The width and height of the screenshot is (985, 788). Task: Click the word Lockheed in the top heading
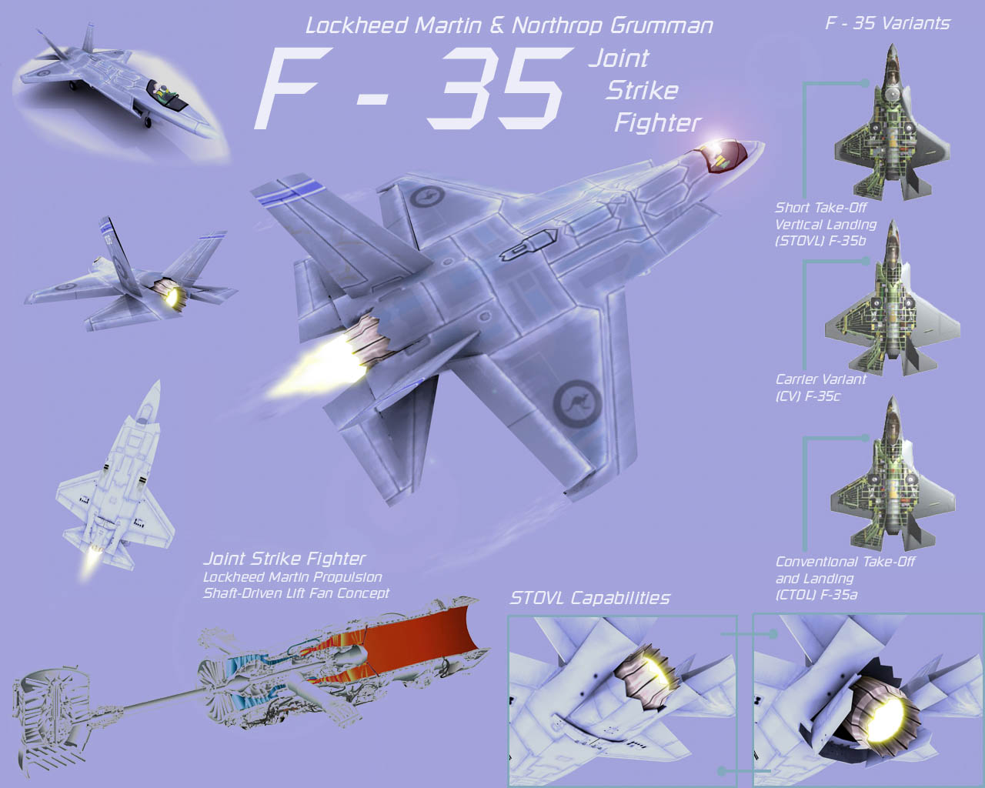click(x=356, y=25)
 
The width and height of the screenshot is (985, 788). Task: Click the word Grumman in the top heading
click(x=661, y=25)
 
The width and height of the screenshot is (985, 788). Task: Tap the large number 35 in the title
click(x=499, y=88)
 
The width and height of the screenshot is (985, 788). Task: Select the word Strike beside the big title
click(x=643, y=91)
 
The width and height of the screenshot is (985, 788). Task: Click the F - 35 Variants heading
click(x=887, y=23)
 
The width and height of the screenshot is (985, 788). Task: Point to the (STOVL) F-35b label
click(x=820, y=241)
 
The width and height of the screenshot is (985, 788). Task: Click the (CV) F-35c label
click(x=808, y=396)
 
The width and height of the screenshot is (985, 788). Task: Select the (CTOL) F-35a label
click(x=816, y=595)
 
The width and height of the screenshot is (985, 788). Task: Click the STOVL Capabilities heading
click(x=590, y=598)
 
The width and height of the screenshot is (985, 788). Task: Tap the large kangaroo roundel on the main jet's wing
click(x=576, y=403)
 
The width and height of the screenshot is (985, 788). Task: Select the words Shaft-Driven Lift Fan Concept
click(x=296, y=593)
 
